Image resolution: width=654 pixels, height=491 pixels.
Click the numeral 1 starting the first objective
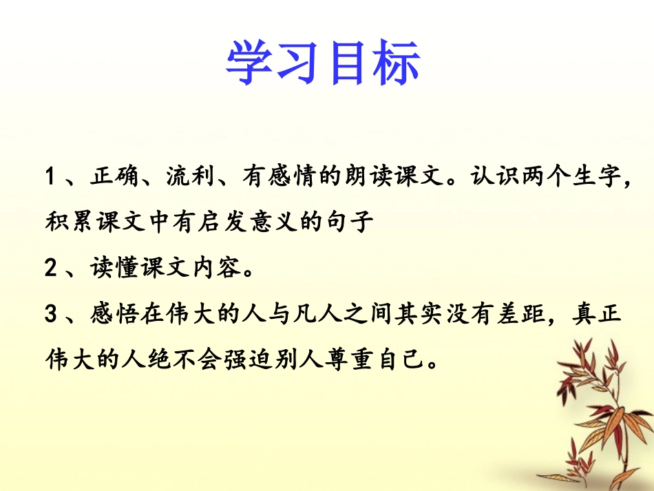click(x=50, y=177)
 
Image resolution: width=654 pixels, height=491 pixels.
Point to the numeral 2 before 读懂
click(x=50, y=268)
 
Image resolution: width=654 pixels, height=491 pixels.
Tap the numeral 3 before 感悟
click(x=50, y=315)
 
